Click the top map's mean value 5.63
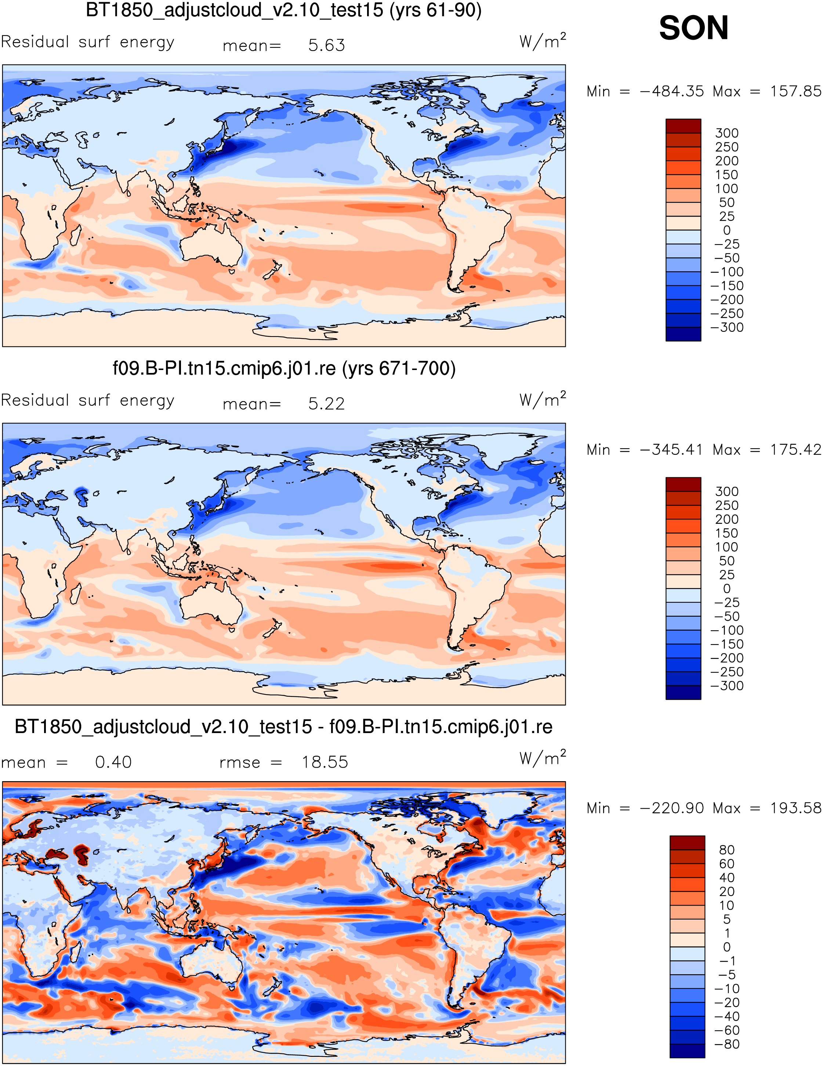[327, 46]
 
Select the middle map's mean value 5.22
[327, 404]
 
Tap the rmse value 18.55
[325, 762]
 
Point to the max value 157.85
[796, 91]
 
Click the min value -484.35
[672, 91]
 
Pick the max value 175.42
[796, 450]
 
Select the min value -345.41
[672, 450]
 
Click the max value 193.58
[796, 808]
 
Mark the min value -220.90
[672, 808]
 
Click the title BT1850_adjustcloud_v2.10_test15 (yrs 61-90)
[284, 11]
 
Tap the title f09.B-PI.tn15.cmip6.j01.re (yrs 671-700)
[284, 368]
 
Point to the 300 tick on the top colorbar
[727, 133]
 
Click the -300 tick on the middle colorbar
[727, 686]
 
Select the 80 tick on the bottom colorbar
[727, 850]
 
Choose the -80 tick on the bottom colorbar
[727, 1044]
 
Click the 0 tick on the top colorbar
[727, 231]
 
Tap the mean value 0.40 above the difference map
[113, 762]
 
